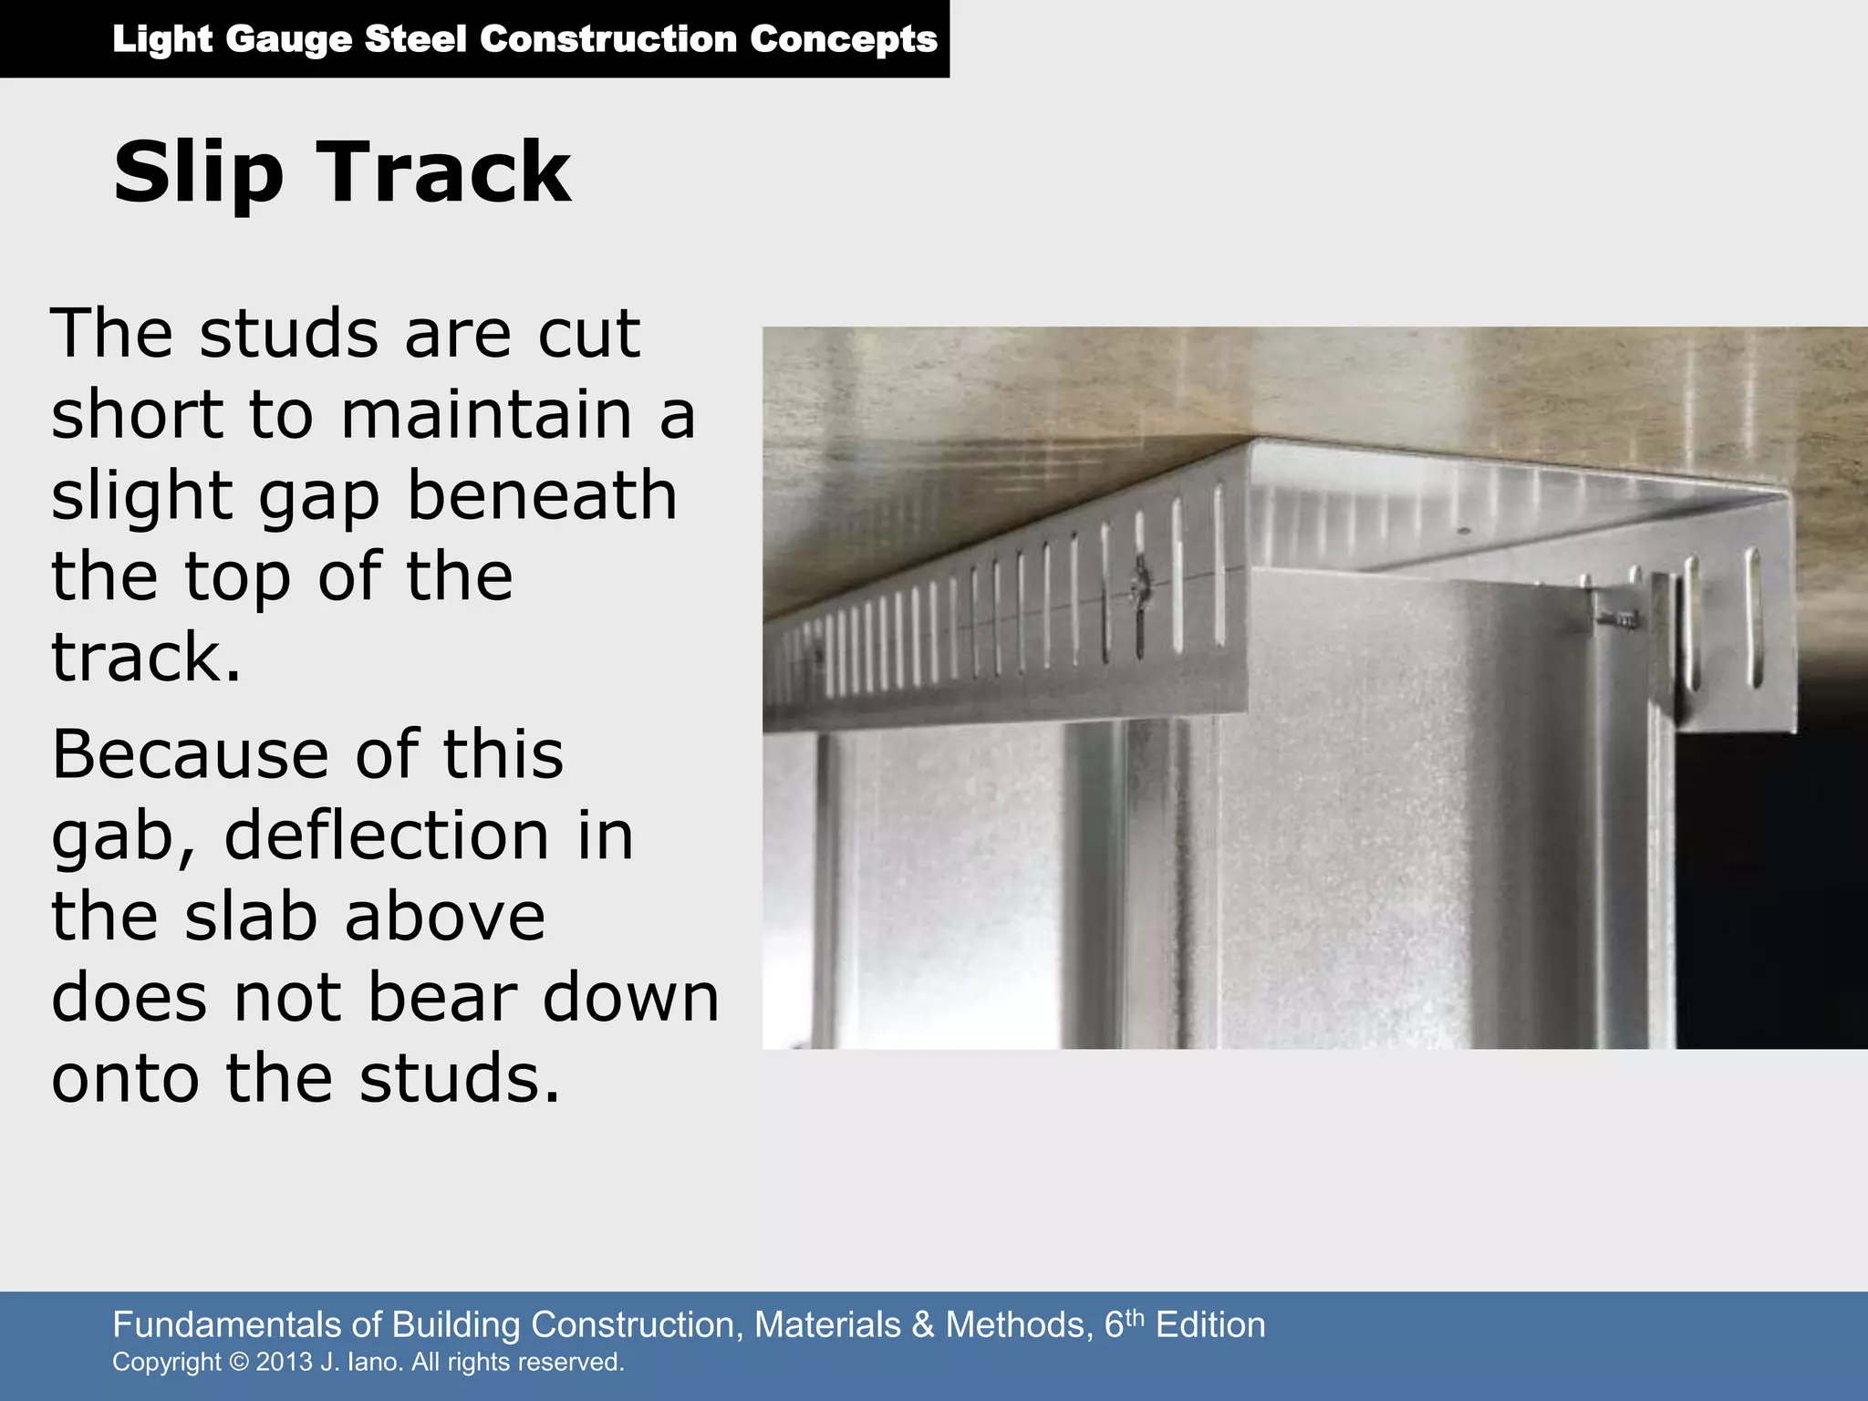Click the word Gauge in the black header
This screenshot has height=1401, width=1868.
pyautogui.click(x=288, y=39)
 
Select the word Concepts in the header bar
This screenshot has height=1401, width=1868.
pyautogui.click(x=844, y=39)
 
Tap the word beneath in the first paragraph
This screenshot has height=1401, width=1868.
pyautogui.click(x=542, y=495)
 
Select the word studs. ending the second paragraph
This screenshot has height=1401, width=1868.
pyautogui.click(x=459, y=1077)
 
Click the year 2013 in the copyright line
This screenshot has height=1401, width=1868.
pyautogui.click(x=285, y=1362)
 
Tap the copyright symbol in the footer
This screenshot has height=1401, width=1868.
pyautogui.click(x=239, y=1362)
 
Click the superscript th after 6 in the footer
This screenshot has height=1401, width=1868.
pyautogui.click(x=1135, y=1316)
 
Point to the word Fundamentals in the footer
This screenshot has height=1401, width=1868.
pyautogui.click(x=239, y=1324)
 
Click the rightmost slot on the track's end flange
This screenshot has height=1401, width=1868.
pyautogui.click(x=1752, y=617)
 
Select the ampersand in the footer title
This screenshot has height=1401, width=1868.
pyautogui.click(x=923, y=1324)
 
